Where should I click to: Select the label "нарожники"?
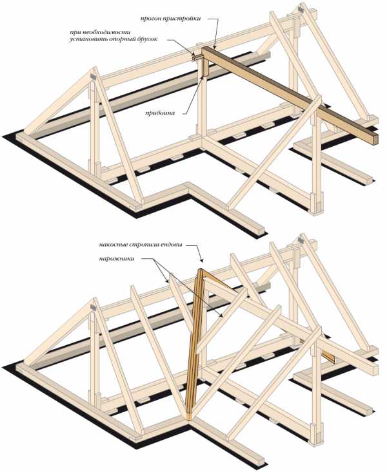[x=116, y=259]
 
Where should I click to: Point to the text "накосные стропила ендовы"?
[x=140, y=245]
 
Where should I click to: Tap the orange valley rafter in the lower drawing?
[x=195, y=343]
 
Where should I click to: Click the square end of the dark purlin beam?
[x=375, y=140]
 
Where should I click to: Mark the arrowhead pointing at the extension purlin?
[x=215, y=46]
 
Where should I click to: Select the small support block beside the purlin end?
[x=197, y=57]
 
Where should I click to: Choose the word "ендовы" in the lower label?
[x=171, y=245]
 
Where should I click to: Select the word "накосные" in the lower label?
[x=113, y=245]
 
